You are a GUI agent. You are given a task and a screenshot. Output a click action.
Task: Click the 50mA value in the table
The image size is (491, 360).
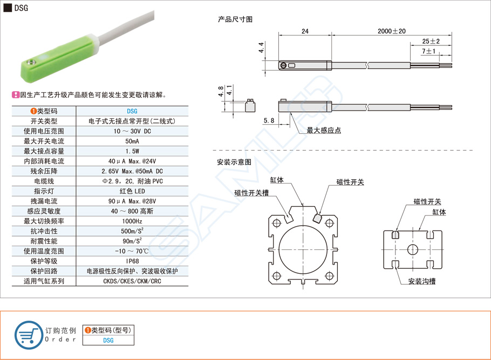tap(132, 141)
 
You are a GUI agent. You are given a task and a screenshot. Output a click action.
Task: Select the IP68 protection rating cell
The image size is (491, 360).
tap(132, 261)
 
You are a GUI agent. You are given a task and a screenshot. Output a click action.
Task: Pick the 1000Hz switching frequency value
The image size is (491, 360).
tap(132, 221)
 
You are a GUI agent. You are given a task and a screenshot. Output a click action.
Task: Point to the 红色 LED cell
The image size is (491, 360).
tap(132, 191)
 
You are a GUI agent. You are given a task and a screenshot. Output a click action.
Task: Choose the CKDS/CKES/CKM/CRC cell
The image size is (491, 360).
tap(132, 281)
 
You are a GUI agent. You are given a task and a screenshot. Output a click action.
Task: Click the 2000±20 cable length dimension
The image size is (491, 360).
tap(391, 32)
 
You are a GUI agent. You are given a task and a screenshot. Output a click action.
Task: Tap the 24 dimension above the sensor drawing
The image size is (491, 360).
tap(305, 32)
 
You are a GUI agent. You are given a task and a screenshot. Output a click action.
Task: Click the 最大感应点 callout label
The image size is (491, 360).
tap(323, 130)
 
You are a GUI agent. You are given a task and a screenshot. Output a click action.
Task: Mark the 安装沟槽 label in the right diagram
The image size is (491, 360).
tap(421, 281)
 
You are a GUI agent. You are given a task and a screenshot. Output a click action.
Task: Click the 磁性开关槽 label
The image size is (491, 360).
tap(251, 193)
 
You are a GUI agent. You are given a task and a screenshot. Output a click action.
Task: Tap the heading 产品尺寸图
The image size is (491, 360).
tap(235, 19)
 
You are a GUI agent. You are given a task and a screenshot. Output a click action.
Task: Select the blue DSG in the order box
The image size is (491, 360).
tap(108, 340)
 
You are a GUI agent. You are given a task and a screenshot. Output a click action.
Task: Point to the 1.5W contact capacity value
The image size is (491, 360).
tap(132, 151)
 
